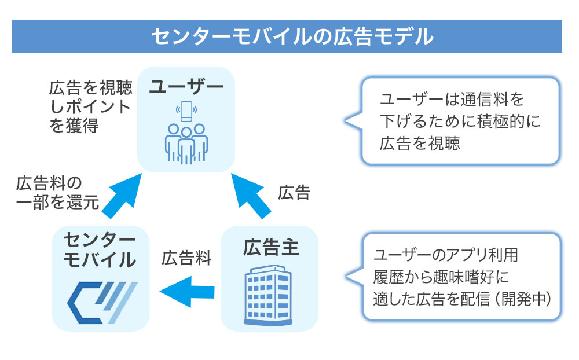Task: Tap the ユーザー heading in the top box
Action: (186, 87)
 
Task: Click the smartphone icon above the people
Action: (185, 111)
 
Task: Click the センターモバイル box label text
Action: (99, 250)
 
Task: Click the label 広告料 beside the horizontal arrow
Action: (186, 257)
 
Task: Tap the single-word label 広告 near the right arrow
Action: (294, 193)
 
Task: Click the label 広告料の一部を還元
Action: (57, 193)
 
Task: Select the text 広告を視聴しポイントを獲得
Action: (89, 107)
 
